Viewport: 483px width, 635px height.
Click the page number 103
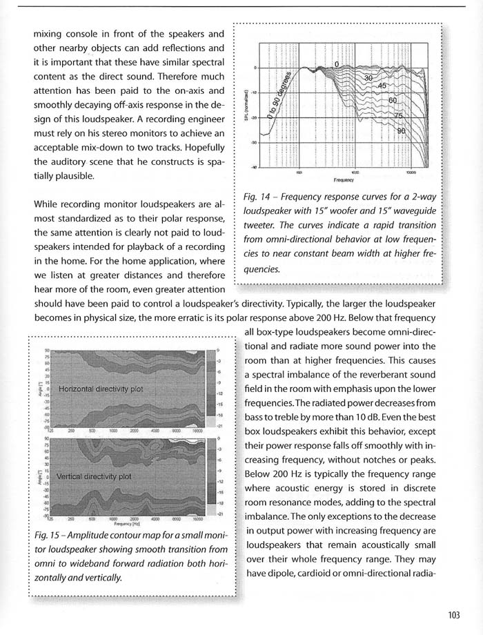[453, 616]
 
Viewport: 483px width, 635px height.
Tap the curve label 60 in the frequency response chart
[393, 101]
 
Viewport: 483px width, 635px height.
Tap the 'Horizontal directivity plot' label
[101, 389]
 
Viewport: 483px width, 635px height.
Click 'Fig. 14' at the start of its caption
[257, 198]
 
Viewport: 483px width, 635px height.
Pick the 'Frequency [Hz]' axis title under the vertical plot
[129, 524]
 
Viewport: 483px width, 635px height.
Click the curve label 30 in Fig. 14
[368, 78]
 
